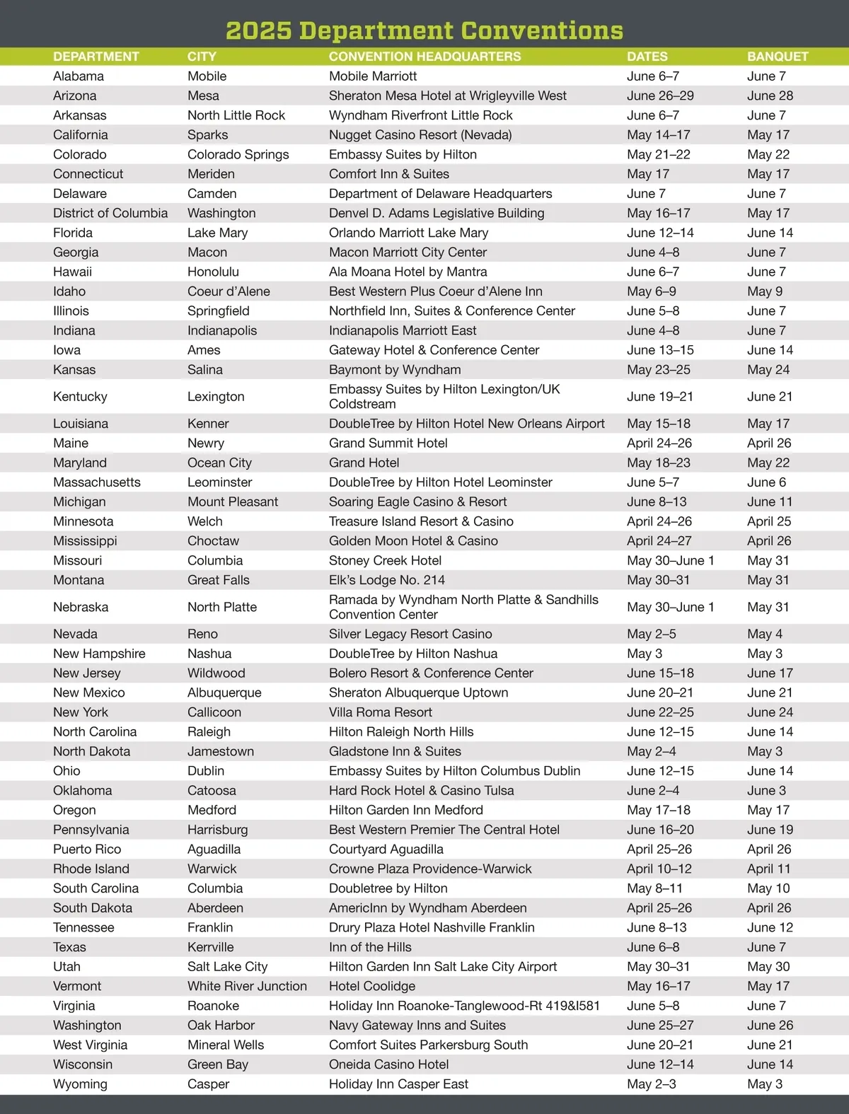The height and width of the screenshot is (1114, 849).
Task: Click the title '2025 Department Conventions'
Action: point(424,30)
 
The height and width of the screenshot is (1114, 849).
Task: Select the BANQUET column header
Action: point(777,57)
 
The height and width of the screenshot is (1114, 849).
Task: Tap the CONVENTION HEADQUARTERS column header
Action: point(424,57)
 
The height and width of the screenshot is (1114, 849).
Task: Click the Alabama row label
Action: point(79,76)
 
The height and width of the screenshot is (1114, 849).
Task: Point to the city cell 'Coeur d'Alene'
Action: point(229,291)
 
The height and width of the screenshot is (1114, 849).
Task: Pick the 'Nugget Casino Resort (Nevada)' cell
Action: point(420,135)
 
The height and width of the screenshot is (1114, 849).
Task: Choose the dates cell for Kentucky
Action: point(659,397)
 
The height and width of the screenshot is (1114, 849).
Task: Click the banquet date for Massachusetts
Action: point(766,482)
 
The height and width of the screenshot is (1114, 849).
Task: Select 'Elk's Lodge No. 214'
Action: point(387,580)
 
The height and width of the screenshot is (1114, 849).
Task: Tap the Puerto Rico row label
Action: point(87,849)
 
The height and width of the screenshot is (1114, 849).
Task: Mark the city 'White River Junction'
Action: point(247,986)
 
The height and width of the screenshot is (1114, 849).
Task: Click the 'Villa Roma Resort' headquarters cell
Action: point(381,712)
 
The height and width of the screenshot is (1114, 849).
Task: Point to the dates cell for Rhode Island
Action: point(659,869)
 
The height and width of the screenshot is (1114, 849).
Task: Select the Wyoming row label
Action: point(80,1084)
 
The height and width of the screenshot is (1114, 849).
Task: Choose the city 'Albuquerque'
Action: point(224,692)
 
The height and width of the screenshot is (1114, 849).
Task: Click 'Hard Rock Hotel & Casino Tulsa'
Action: point(422,791)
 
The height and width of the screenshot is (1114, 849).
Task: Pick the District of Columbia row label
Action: point(110,213)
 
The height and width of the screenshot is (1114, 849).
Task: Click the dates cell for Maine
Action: point(659,443)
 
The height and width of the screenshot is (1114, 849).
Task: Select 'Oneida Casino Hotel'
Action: point(389,1064)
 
